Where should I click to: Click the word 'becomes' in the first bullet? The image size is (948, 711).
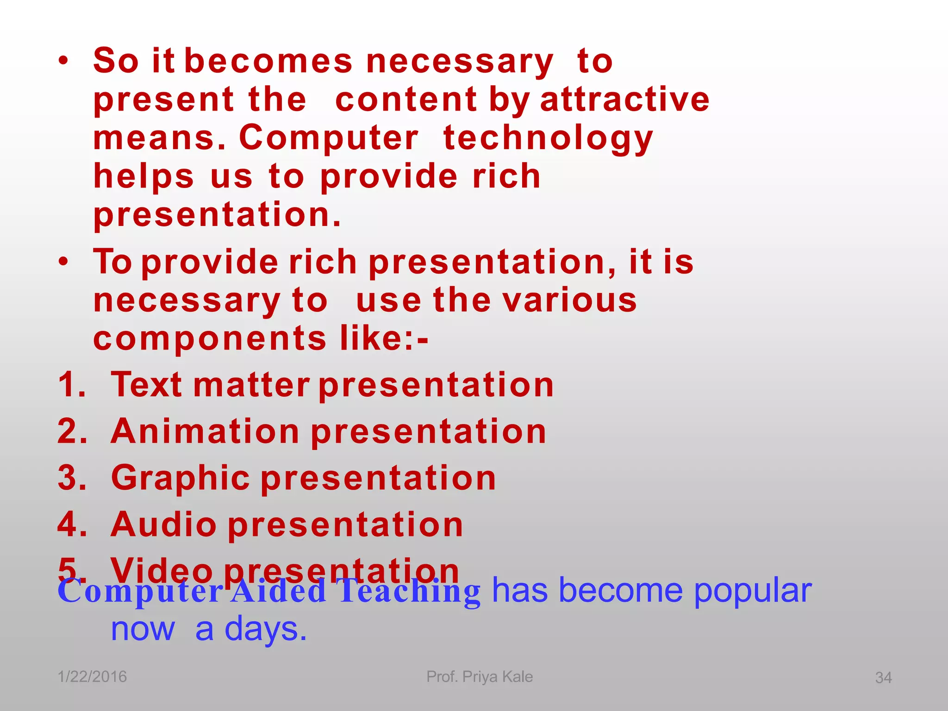[x=268, y=61]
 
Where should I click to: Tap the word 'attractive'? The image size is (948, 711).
[x=624, y=100]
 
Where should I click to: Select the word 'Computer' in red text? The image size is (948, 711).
[x=329, y=138]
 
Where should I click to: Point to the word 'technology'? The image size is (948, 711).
[x=548, y=139]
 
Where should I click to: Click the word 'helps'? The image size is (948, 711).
[x=144, y=177]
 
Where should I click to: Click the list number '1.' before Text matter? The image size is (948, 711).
[x=72, y=385]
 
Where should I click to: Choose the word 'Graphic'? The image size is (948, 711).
[x=181, y=479]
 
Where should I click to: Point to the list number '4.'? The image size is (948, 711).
[x=72, y=525]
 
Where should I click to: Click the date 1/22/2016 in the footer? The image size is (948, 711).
[x=92, y=677]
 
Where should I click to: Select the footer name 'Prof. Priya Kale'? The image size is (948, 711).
[x=480, y=677]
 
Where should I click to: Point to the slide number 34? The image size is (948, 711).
[x=883, y=678]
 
